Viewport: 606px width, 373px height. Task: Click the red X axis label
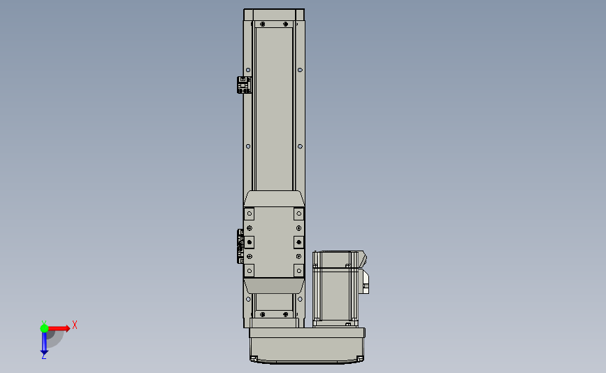[75, 325]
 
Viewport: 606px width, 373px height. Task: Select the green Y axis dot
[44, 328]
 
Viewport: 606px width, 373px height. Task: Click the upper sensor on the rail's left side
[244, 85]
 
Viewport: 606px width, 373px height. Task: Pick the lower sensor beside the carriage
[240, 246]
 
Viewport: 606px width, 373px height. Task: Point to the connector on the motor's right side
[364, 281]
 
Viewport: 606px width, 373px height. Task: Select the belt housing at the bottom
[307, 346]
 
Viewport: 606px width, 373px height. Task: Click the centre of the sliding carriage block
[274, 242]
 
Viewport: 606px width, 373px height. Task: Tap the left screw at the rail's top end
[263, 24]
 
